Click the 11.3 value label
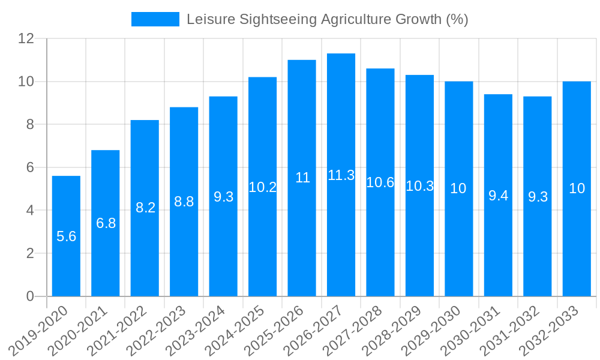click(x=341, y=175)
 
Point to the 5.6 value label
click(x=66, y=236)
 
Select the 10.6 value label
click(x=380, y=183)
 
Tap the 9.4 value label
click(x=498, y=195)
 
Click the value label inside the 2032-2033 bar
click(x=577, y=188)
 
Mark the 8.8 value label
click(x=184, y=202)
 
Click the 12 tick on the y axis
click(x=26, y=38)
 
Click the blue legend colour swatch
click(x=155, y=19)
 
